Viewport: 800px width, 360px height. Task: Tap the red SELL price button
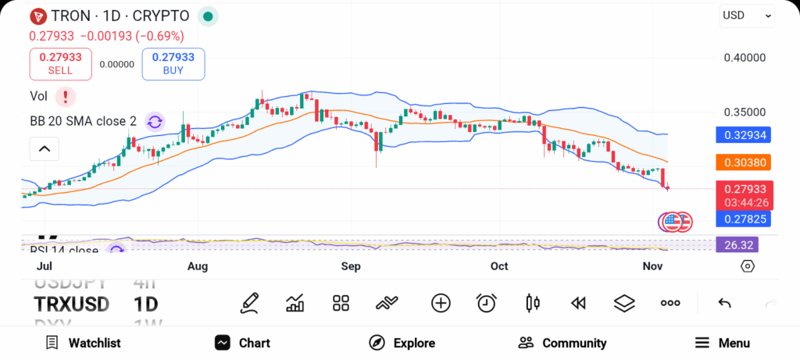(60, 63)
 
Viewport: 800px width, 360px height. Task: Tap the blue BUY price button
(173, 63)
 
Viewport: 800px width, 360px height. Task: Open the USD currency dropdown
(746, 15)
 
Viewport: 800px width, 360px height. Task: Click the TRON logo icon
(37, 16)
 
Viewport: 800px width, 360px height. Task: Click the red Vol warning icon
(66, 97)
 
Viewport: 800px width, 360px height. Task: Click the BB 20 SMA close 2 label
(81, 121)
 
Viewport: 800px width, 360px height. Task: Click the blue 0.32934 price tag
(744, 134)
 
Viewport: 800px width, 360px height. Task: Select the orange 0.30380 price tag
(744, 162)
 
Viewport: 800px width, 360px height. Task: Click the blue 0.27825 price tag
(744, 219)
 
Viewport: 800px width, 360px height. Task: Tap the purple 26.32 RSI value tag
(737, 245)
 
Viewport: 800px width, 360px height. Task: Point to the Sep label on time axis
(351, 266)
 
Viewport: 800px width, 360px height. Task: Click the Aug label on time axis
(198, 266)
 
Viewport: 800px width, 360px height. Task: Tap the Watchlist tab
(83, 343)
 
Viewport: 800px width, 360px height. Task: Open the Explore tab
(402, 343)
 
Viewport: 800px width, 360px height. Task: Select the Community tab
(562, 343)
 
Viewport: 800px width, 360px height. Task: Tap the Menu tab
(723, 343)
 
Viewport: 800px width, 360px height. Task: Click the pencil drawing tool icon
(250, 303)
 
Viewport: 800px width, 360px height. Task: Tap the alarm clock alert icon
(487, 303)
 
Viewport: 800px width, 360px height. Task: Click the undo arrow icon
(724, 303)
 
